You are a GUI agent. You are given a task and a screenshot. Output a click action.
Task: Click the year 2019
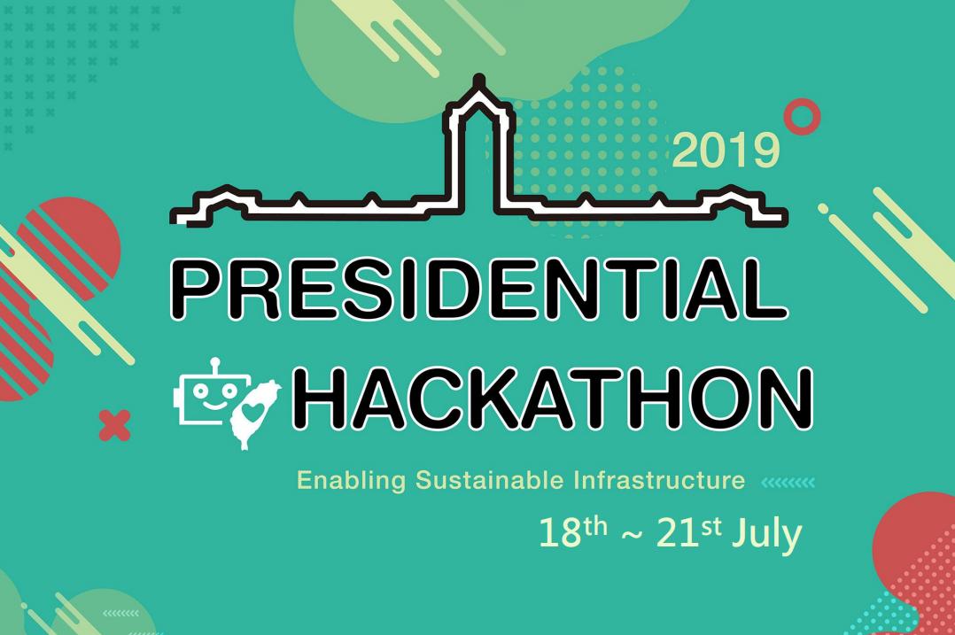click(x=726, y=151)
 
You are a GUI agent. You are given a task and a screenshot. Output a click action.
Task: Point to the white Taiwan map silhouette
click(x=253, y=413)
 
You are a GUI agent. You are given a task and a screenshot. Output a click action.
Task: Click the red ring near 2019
click(x=802, y=117)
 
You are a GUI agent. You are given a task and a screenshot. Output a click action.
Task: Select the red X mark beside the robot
click(x=114, y=426)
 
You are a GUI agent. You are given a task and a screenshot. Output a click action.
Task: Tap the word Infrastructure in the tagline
click(x=659, y=481)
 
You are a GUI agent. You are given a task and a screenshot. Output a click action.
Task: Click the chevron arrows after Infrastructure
click(x=788, y=483)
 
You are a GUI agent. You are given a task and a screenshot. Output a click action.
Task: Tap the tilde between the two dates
click(x=632, y=537)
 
